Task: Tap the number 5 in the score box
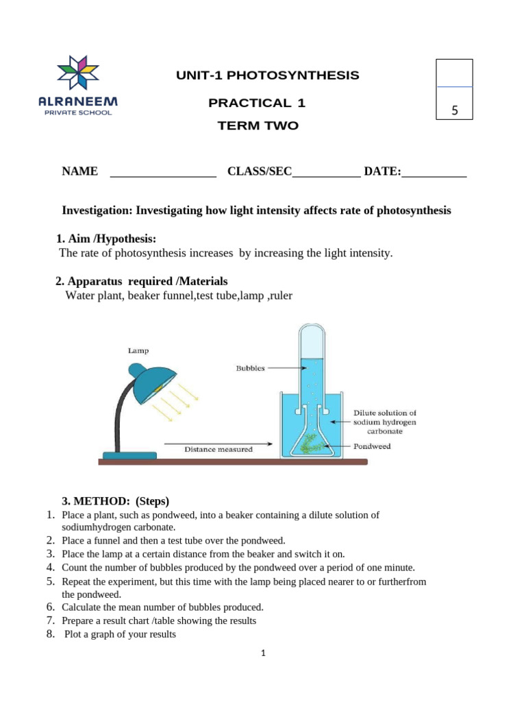point(455,110)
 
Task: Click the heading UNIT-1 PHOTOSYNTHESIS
point(267,75)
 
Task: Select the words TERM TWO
point(258,126)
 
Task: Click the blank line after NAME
point(163,173)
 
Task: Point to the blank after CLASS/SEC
point(326,173)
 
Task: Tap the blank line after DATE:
point(434,173)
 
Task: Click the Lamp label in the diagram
point(138,350)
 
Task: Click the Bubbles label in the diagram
point(250,367)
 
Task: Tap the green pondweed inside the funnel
point(314,442)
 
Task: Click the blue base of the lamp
point(129,455)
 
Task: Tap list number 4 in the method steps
point(50,567)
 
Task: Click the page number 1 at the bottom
point(263,653)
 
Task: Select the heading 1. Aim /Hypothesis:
point(106,239)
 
